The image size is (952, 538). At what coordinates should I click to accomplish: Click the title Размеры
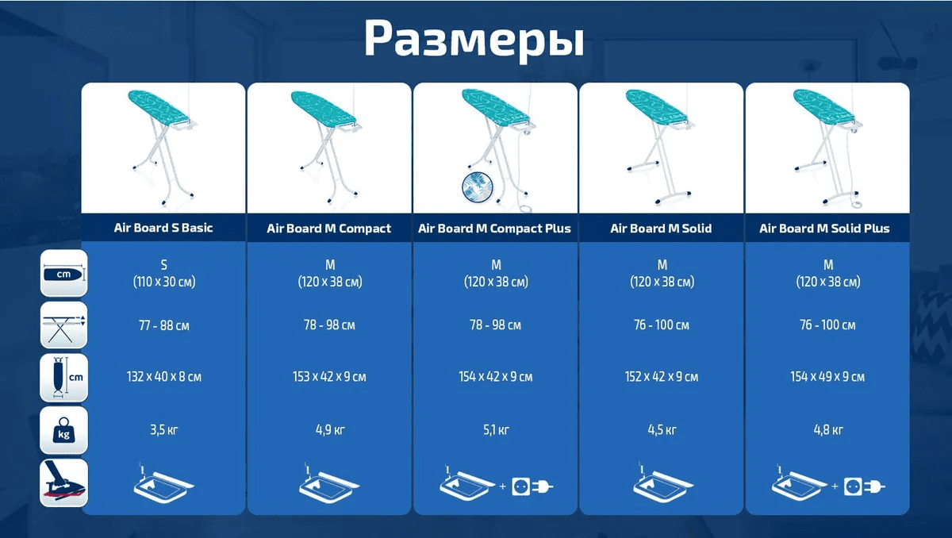pyautogui.click(x=474, y=38)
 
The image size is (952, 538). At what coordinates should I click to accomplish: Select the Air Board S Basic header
pyautogui.click(x=163, y=228)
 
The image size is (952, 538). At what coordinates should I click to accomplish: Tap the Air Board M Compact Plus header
pyautogui.click(x=495, y=229)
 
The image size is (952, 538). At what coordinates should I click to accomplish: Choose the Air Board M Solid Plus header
pyautogui.click(x=824, y=229)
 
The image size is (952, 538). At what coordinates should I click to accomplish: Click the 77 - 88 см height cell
pyautogui.click(x=163, y=325)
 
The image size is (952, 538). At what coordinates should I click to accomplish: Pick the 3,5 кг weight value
pyautogui.click(x=163, y=430)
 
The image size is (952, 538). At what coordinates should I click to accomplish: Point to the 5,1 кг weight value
pyautogui.click(x=495, y=430)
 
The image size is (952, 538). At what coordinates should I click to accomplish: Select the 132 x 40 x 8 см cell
pyautogui.click(x=163, y=376)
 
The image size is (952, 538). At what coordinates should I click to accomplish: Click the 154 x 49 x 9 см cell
pyautogui.click(x=827, y=376)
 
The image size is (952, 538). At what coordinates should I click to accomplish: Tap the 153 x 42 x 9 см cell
pyautogui.click(x=329, y=376)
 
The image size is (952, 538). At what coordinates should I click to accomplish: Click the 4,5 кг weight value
pyautogui.click(x=661, y=430)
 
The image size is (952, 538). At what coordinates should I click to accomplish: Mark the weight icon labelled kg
pyautogui.click(x=63, y=432)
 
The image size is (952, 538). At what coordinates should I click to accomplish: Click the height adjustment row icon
pyautogui.click(x=63, y=325)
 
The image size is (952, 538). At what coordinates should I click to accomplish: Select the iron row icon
pyautogui.click(x=63, y=482)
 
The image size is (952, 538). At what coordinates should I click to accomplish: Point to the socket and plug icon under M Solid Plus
pyautogui.click(x=865, y=485)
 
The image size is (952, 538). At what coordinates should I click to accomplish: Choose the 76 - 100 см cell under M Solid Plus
pyautogui.click(x=827, y=325)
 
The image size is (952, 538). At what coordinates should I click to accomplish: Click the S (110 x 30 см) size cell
pyautogui.click(x=163, y=273)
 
